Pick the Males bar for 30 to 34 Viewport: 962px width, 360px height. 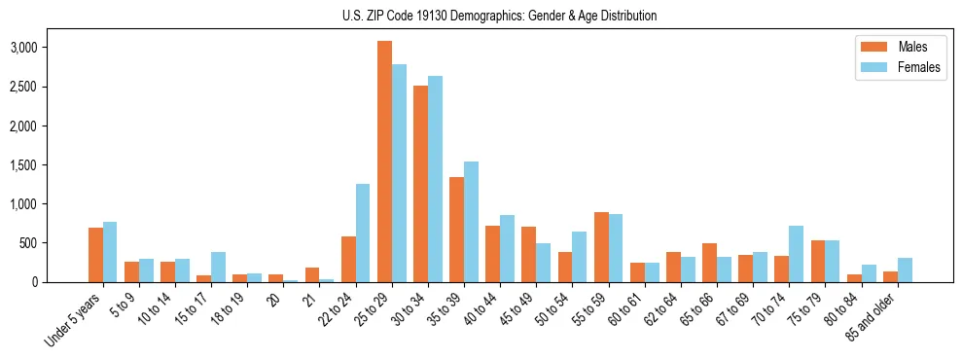point(420,184)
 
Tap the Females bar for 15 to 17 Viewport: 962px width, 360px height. point(218,268)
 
